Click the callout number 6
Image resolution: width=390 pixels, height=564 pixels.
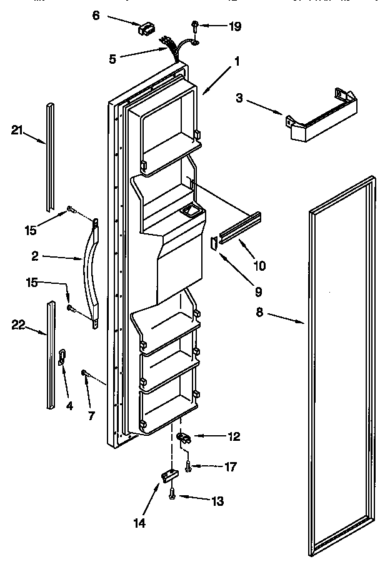click(x=96, y=15)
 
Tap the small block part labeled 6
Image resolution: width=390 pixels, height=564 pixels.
click(x=146, y=28)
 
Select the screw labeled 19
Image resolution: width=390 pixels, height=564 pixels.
click(x=196, y=26)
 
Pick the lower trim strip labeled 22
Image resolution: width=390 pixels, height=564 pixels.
click(x=50, y=355)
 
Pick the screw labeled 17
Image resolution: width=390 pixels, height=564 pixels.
click(x=188, y=465)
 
